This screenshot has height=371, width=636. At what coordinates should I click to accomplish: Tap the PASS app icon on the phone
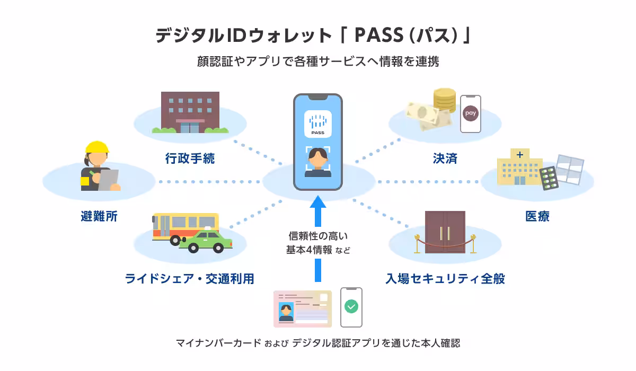click(318, 123)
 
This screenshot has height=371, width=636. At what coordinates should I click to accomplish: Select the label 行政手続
click(190, 158)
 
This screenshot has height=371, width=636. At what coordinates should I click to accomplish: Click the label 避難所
click(99, 216)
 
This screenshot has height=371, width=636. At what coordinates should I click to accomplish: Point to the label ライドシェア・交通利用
click(189, 278)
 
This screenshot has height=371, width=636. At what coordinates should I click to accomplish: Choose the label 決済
click(445, 158)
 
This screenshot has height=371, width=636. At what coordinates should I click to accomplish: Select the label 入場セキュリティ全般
click(445, 278)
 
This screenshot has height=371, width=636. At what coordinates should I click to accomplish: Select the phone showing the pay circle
click(470, 114)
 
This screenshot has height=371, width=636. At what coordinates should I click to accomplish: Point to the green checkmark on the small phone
click(351, 306)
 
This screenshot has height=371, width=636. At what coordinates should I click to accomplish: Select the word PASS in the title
click(381, 36)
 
